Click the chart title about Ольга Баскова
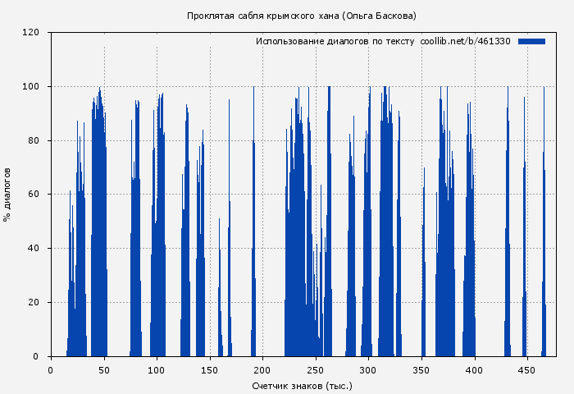[301, 16]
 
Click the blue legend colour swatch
[531, 41]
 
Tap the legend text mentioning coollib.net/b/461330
[383, 41]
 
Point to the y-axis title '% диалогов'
[7, 195]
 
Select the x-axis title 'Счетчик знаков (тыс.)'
[301, 385]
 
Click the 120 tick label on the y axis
[31, 33]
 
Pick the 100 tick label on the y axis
[31, 87]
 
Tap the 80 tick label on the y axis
[34, 141]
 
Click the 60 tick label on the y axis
[34, 195]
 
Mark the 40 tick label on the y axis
[34, 249]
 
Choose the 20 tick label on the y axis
[34, 303]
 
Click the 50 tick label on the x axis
[103, 369]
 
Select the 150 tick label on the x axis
[209, 369]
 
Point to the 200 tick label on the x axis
[262, 369]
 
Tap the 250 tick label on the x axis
[316, 369]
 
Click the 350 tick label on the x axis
[421, 369]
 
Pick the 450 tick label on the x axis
[527, 369]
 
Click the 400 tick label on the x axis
[474, 369]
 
